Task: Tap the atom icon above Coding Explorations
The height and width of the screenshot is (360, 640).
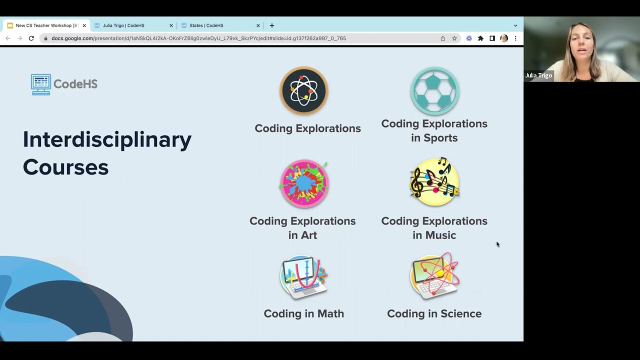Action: coord(304,91)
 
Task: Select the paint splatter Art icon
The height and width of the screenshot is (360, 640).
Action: coord(304,183)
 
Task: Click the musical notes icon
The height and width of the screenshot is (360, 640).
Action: coord(434,182)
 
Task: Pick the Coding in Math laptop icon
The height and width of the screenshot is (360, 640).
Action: coord(303,276)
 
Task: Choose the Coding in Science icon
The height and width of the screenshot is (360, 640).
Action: coord(434,276)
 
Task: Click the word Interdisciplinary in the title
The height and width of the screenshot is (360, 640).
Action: coord(107,139)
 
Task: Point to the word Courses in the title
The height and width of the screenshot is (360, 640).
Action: coord(65,167)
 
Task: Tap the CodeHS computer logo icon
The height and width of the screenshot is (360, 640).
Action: coord(41,84)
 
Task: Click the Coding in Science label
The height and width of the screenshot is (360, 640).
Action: coord(434,313)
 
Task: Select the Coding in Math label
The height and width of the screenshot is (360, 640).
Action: coord(303,313)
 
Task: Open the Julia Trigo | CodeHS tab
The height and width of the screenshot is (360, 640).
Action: coord(123,25)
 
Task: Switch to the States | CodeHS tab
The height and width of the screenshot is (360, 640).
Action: coord(206,25)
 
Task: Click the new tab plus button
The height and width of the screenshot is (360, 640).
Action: coord(272,25)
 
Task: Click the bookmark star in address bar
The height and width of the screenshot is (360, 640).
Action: coord(454,38)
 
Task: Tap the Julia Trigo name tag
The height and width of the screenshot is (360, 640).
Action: coord(538,75)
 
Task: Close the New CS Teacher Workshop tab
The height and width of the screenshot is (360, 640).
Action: coord(84,25)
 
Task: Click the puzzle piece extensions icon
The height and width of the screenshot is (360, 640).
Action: coord(480,38)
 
